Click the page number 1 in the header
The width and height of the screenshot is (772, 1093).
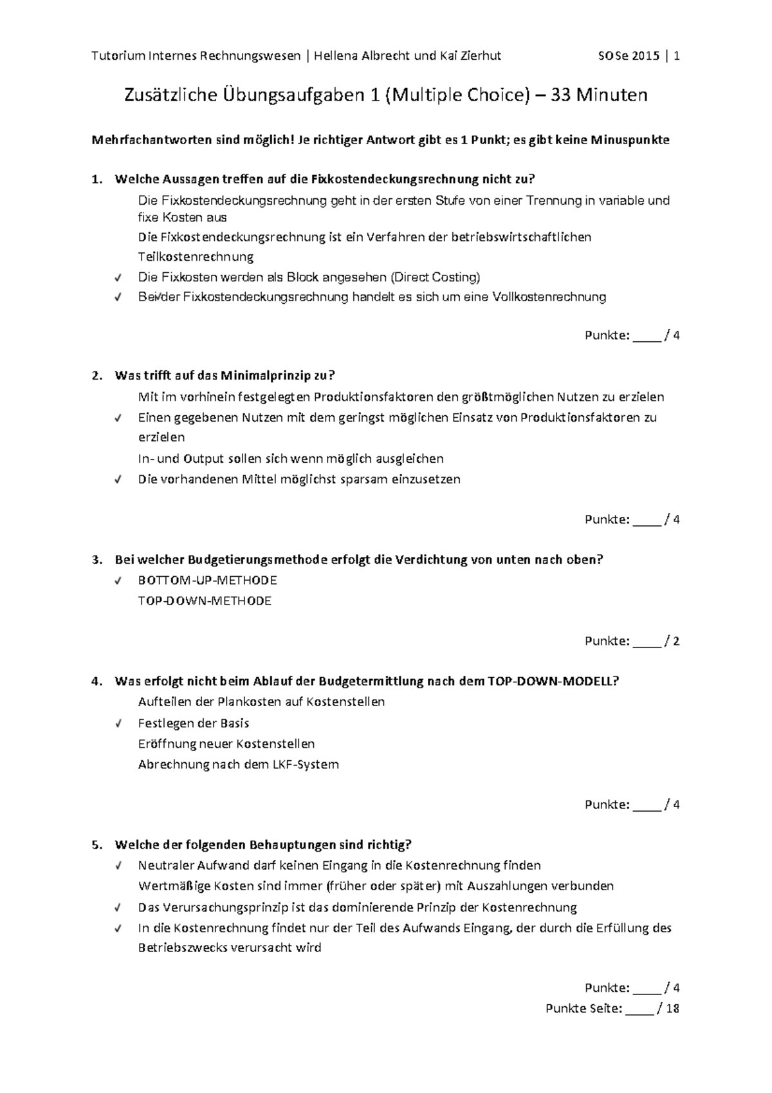[x=677, y=56]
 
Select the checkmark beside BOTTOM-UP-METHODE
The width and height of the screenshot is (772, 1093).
[x=118, y=581]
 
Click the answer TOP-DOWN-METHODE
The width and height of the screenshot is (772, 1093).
[x=205, y=601]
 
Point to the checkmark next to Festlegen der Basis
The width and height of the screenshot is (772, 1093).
[x=118, y=724]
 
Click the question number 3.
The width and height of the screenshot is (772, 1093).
[x=96, y=559]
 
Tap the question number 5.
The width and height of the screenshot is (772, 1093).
[x=96, y=845]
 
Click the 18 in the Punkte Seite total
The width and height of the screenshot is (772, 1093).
[x=672, y=1009]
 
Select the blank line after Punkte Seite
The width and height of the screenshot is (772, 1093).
[x=639, y=1009]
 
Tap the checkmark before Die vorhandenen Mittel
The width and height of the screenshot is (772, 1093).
[x=118, y=480]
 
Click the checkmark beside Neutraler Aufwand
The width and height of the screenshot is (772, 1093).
[x=118, y=866]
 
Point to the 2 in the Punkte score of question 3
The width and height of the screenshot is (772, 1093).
[x=676, y=641]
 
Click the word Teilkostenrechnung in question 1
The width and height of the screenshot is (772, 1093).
[x=196, y=257]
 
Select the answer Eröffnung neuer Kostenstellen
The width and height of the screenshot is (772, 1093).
[x=226, y=744]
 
